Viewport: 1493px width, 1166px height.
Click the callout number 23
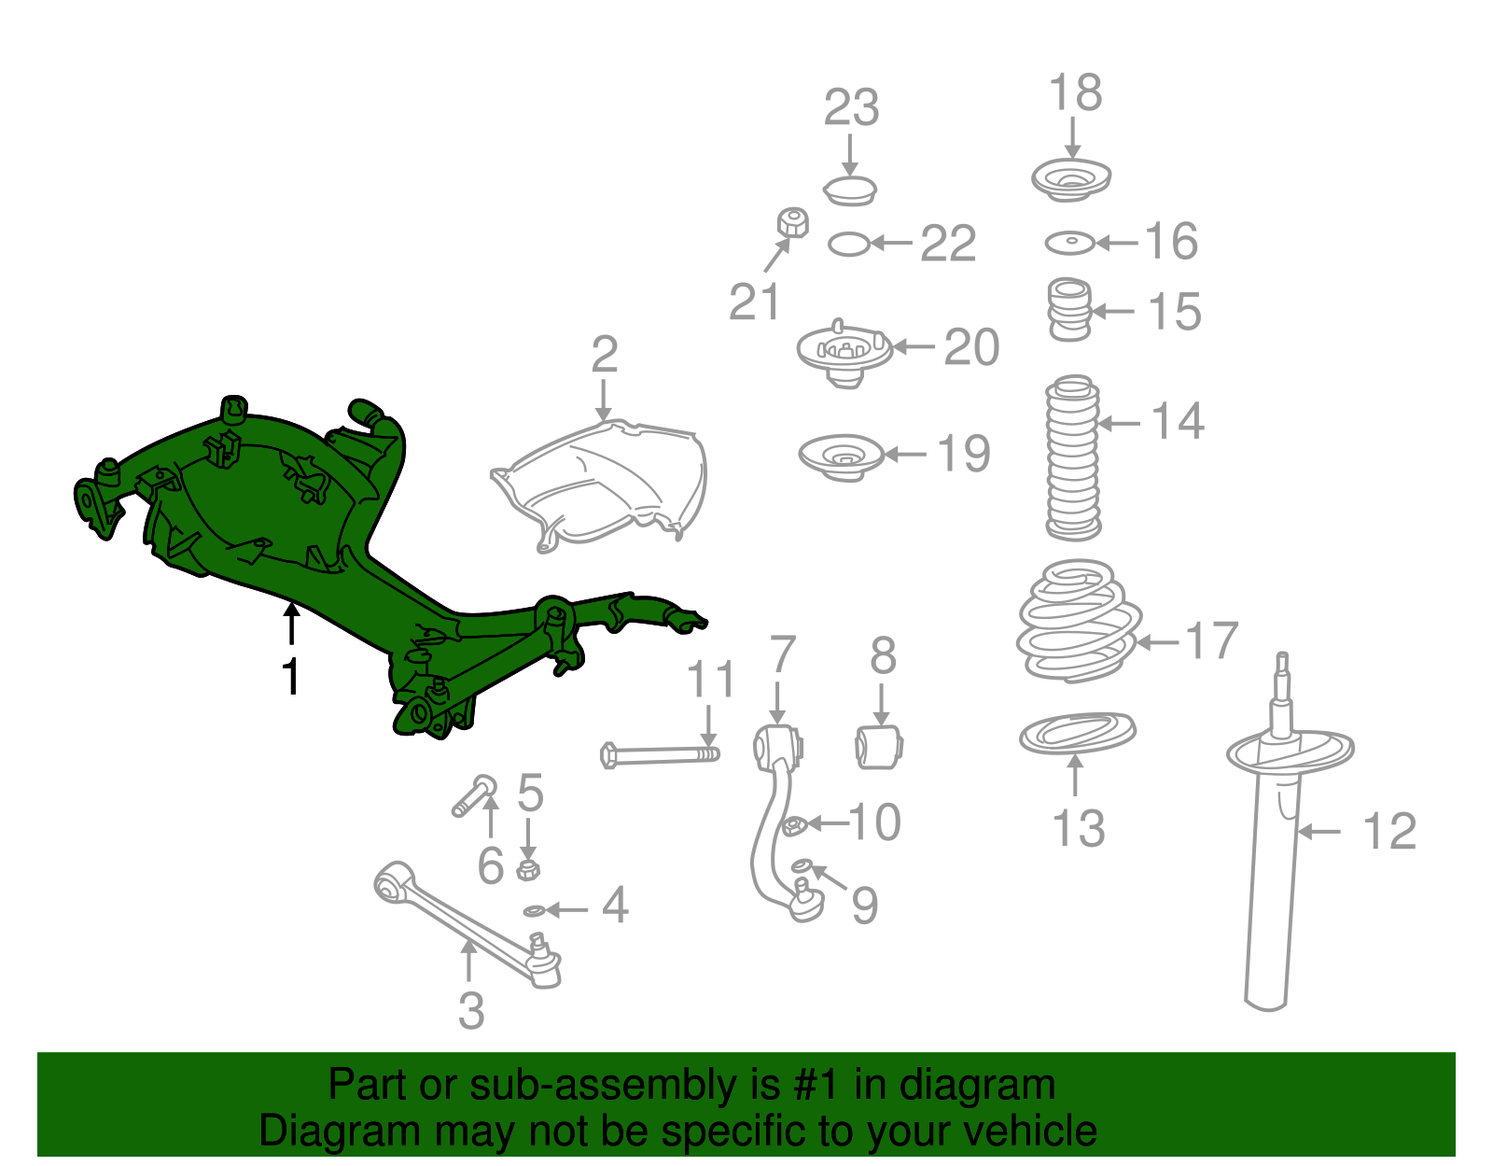pyautogui.click(x=851, y=108)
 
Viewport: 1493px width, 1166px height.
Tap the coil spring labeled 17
pyautogui.click(x=1078, y=622)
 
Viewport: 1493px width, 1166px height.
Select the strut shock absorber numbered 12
pyautogui.click(x=1283, y=832)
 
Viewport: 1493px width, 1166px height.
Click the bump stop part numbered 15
pyautogui.click(x=1069, y=309)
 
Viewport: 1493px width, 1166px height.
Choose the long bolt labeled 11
pyautogui.click(x=660, y=755)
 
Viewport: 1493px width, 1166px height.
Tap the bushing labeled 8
pyautogui.click(x=879, y=747)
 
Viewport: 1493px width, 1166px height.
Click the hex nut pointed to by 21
pyautogui.click(x=792, y=222)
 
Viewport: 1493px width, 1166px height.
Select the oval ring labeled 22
pyautogui.click(x=849, y=244)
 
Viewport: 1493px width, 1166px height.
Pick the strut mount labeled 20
pyautogui.click(x=844, y=354)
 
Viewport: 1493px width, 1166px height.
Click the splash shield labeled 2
pyautogui.click(x=599, y=485)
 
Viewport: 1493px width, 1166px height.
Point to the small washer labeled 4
pyautogui.click(x=534, y=911)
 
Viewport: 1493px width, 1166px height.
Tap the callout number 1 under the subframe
pyautogui.click(x=291, y=677)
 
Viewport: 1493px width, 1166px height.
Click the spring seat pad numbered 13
pyautogui.click(x=1077, y=733)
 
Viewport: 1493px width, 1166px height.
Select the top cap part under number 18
pyautogui.click(x=1071, y=179)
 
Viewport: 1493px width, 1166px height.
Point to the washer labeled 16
pyautogui.click(x=1069, y=243)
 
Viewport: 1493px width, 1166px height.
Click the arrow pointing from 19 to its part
pyautogui.click(x=905, y=454)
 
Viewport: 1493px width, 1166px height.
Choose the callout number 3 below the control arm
pyautogui.click(x=471, y=1011)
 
